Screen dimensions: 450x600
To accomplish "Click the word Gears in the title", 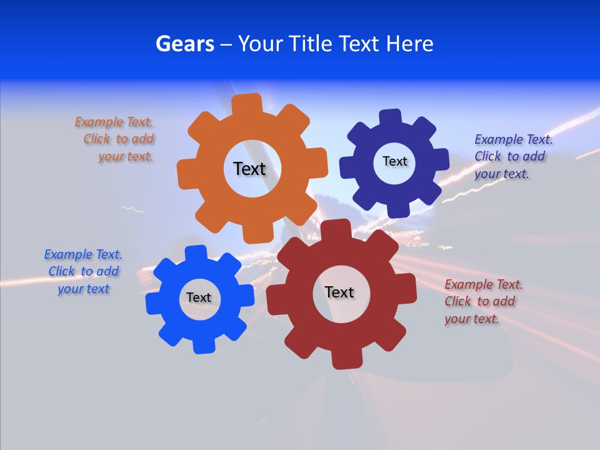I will [184, 44].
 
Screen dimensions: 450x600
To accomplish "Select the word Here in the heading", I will [409, 44].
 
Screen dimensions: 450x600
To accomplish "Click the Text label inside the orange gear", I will [249, 169].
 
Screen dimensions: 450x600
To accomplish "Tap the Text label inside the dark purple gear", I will [394, 161].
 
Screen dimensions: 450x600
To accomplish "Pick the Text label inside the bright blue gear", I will [198, 297].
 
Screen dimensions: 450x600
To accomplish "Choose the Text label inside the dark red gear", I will [339, 292].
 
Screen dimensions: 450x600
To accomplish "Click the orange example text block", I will [116, 139].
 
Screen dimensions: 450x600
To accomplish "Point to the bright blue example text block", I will [84, 271].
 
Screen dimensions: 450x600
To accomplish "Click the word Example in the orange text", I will [99, 122].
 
